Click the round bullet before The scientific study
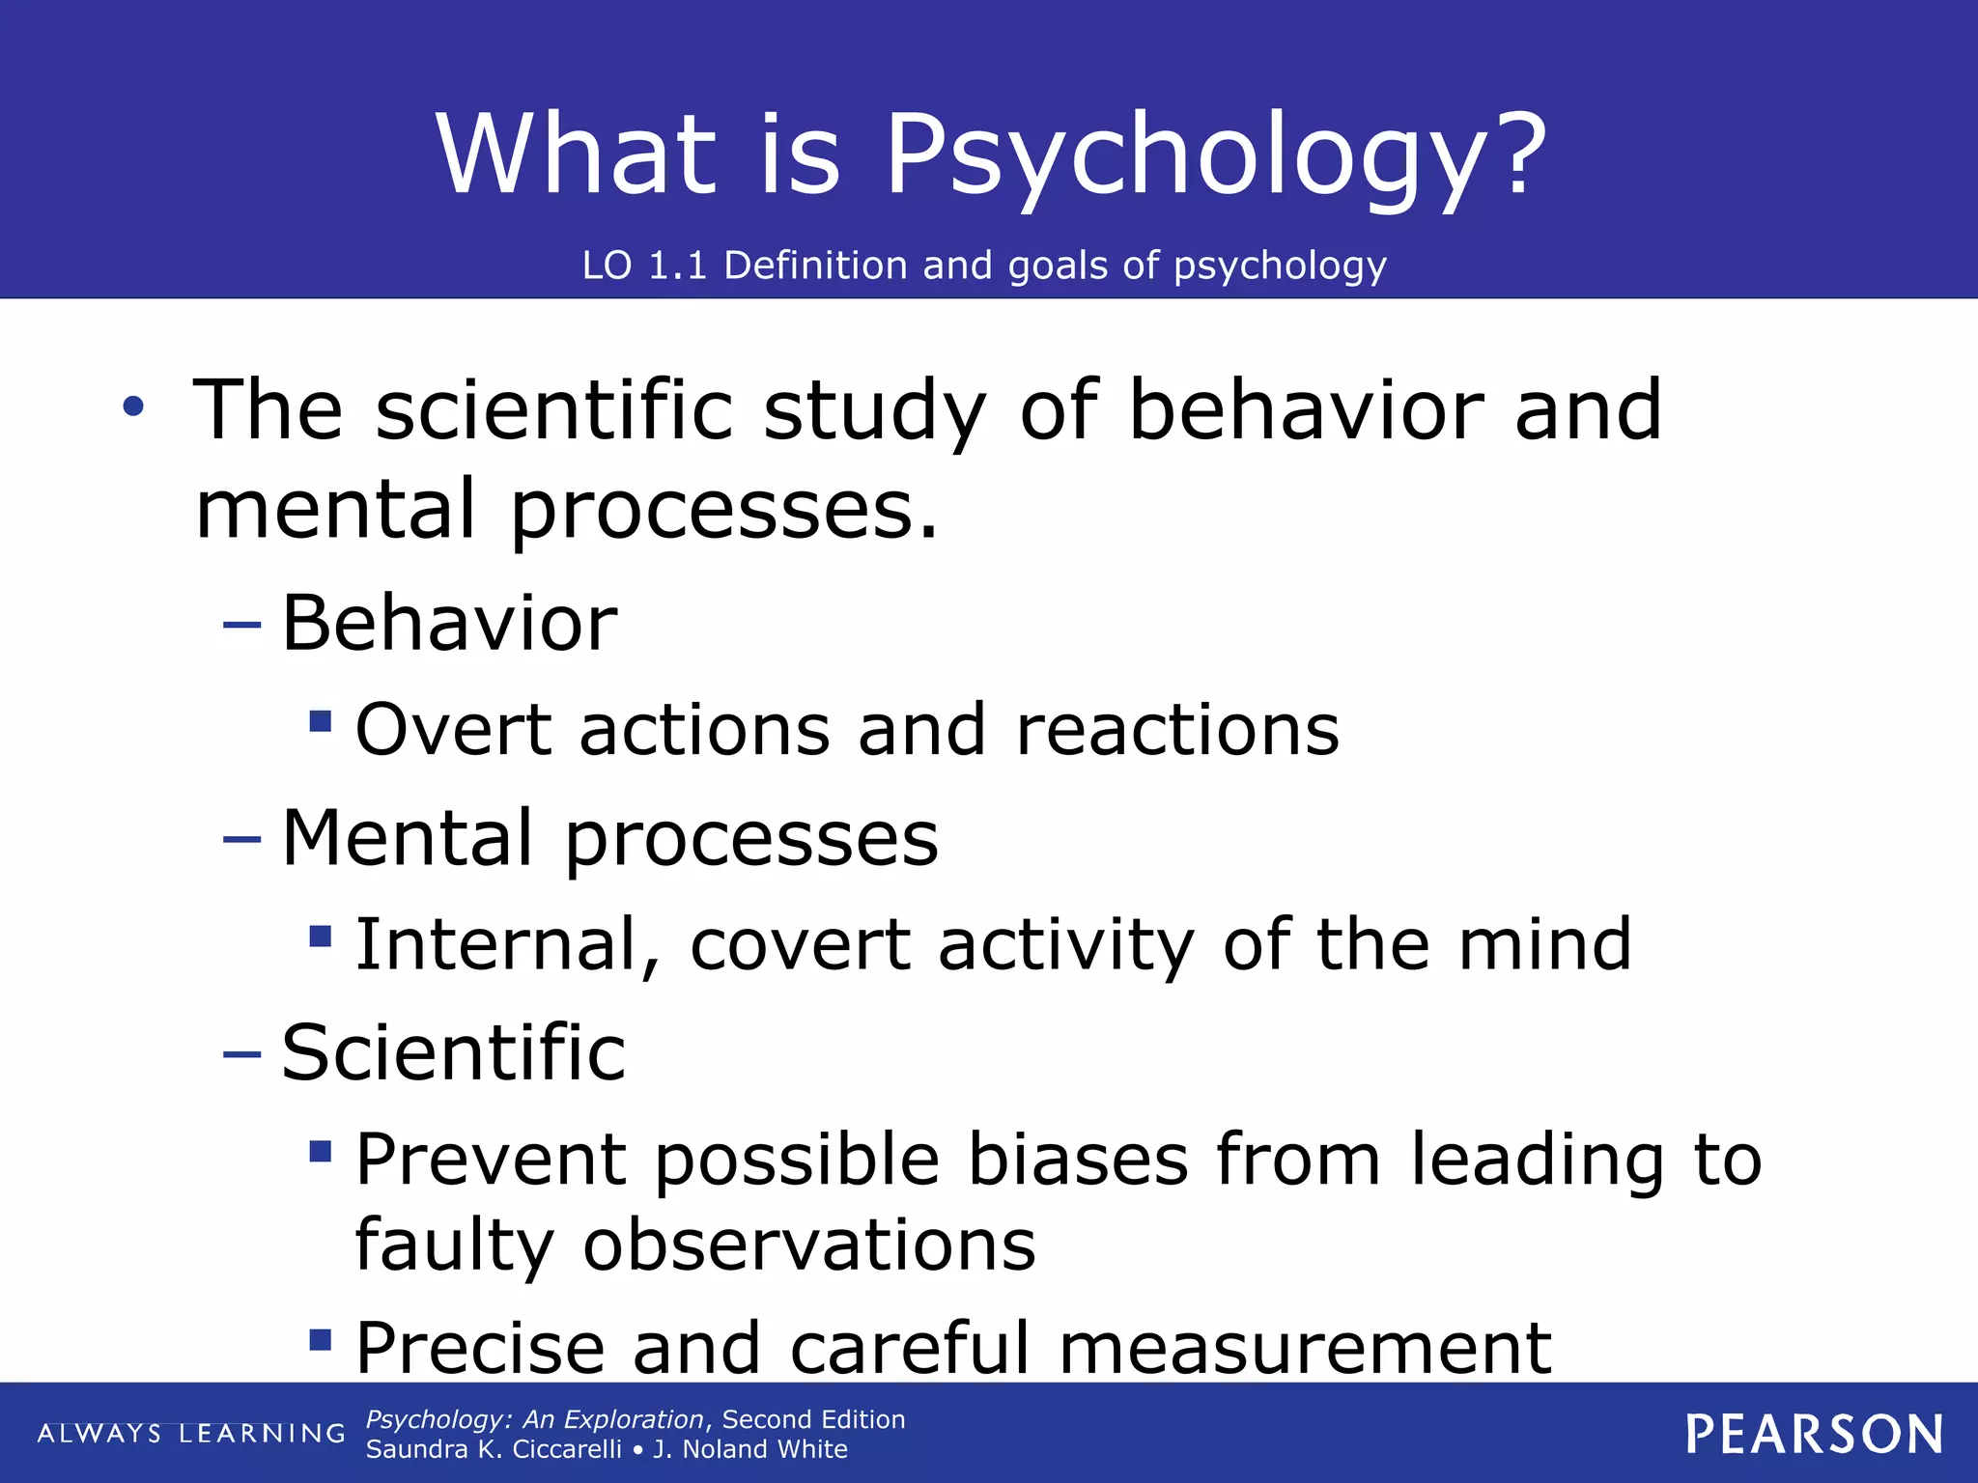point(133,406)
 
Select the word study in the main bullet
point(874,410)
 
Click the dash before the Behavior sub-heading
point(241,625)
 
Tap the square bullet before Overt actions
point(321,721)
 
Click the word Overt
point(453,730)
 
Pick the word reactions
point(1177,730)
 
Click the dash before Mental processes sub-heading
point(241,839)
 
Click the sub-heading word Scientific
point(453,1052)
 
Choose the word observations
point(808,1245)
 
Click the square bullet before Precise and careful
point(321,1339)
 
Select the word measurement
point(1305,1348)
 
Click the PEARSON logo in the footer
point(1814,1434)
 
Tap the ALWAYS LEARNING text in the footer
point(190,1434)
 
